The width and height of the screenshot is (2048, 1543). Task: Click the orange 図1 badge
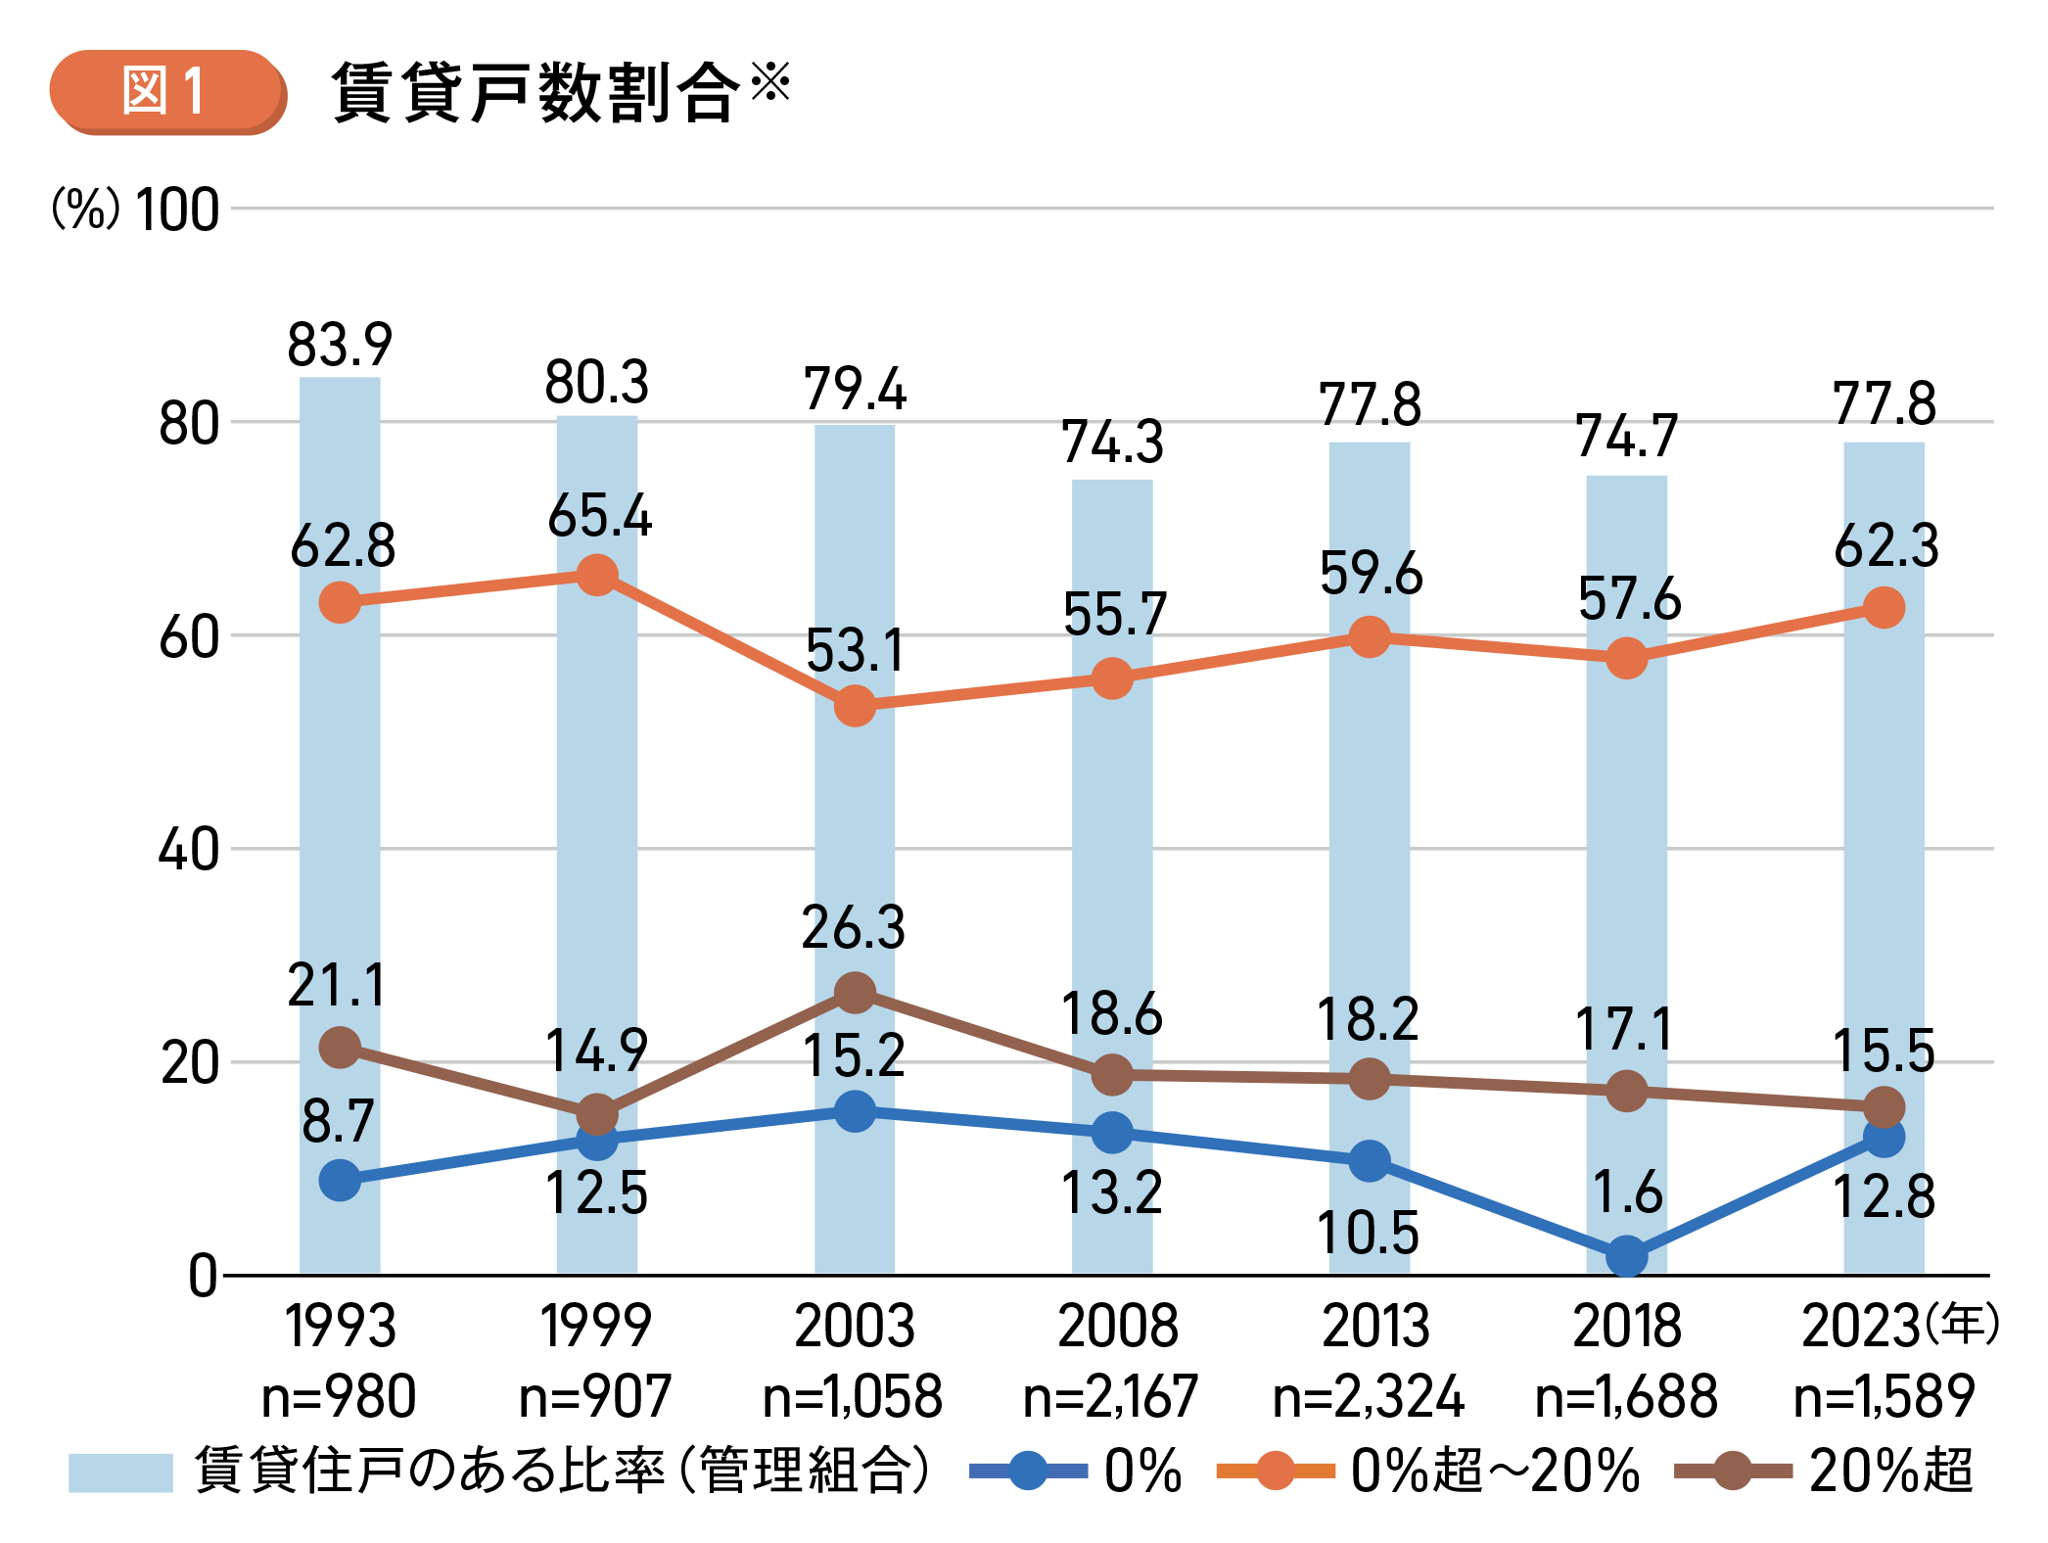click(166, 91)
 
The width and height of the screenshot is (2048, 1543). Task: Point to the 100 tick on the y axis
click(177, 210)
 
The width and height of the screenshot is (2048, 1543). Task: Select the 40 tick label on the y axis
click(189, 849)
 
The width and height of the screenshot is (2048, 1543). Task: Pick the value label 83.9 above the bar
click(340, 345)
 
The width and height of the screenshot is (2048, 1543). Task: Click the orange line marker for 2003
click(855, 705)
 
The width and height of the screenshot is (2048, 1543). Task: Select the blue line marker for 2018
click(1626, 1255)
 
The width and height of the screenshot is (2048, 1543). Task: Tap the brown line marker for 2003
click(855, 993)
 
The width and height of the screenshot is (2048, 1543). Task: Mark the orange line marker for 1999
click(597, 575)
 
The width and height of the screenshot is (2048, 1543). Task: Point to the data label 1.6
click(1626, 1192)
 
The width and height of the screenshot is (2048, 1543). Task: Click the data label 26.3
click(854, 927)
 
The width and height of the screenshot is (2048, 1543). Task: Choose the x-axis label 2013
click(1375, 1327)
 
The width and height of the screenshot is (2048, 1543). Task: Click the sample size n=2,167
click(1111, 1396)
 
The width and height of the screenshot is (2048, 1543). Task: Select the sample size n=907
click(595, 1396)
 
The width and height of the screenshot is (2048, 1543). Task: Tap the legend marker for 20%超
click(1733, 1471)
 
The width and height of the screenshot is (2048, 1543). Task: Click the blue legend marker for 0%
click(1028, 1471)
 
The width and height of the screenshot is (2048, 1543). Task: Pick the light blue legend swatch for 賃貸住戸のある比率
click(120, 1472)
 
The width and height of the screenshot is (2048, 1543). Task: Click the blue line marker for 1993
click(340, 1180)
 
